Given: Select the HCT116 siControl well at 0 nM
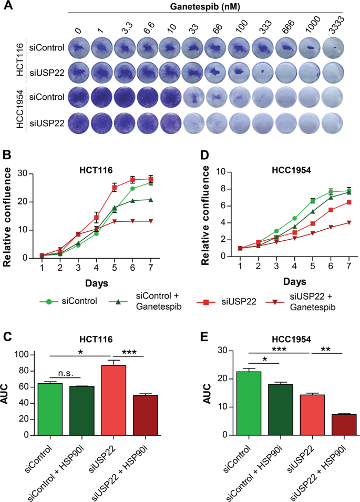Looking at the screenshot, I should (78, 48).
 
